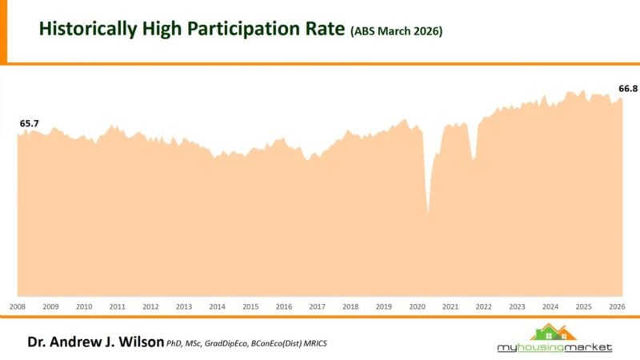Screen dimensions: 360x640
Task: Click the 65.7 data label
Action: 30,123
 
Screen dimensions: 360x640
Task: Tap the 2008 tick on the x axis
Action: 18,306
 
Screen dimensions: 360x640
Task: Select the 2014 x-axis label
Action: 217,306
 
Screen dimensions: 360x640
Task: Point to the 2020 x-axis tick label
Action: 417,306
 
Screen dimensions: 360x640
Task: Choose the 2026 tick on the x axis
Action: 617,306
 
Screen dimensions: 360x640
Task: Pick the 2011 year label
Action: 117,306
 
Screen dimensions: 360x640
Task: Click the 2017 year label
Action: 317,306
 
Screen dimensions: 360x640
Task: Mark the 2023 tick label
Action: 517,306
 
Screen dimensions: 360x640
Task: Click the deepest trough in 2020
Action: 428,213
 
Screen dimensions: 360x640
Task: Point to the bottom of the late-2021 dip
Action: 474,158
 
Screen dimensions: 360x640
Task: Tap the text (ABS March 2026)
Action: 396,31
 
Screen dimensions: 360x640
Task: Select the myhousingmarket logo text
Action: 554,347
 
